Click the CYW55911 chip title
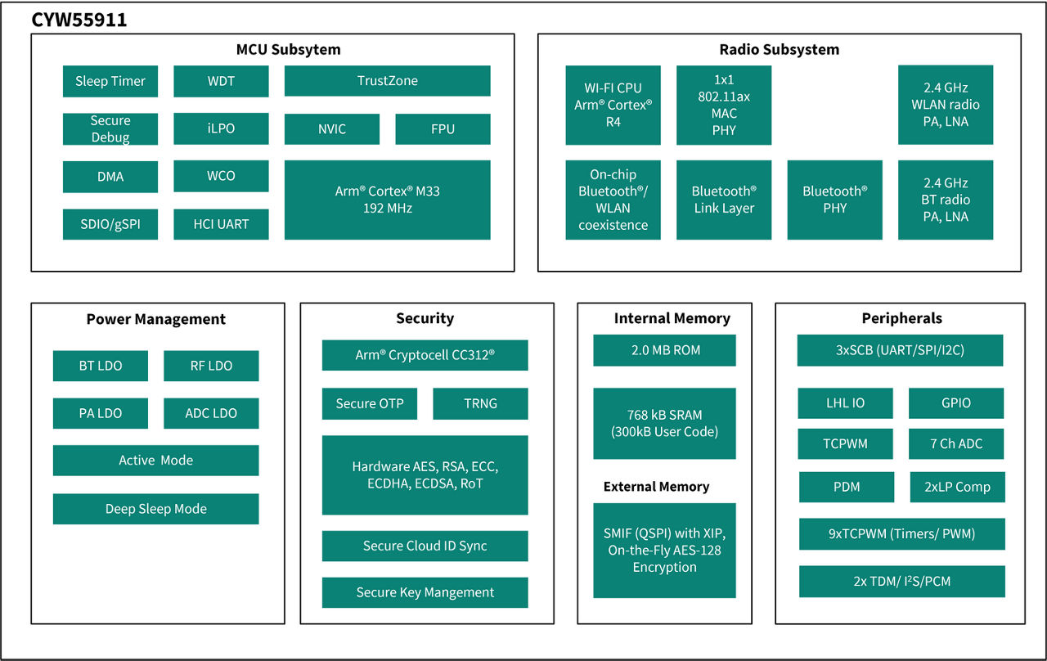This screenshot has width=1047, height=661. click(x=79, y=20)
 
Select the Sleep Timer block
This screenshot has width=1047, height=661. click(x=110, y=81)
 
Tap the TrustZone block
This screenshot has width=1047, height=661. click(x=387, y=81)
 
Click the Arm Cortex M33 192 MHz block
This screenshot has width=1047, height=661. click(x=387, y=200)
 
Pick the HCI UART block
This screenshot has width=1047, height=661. click(x=221, y=224)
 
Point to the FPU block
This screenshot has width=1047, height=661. click(x=443, y=129)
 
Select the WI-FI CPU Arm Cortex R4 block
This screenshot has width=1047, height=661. click(x=613, y=105)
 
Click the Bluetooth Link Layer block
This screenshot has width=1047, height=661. click(x=723, y=200)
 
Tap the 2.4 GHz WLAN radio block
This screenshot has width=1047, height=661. click(x=945, y=105)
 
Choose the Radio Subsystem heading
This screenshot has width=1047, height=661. click(x=779, y=49)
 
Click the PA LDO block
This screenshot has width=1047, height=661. click(x=100, y=413)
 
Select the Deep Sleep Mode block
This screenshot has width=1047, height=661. click(x=155, y=509)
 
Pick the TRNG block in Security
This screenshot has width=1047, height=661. click(x=480, y=403)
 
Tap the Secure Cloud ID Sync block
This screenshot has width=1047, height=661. click(x=425, y=546)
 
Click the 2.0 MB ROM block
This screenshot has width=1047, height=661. click(x=664, y=350)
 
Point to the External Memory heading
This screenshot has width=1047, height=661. click(x=656, y=487)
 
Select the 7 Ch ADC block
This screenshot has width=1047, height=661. click(x=955, y=444)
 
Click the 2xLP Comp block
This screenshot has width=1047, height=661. click(x=957, y=487)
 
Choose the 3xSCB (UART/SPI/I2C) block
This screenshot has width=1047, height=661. click(x=900, y=350)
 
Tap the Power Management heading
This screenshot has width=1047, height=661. click(x=155, y=319)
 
